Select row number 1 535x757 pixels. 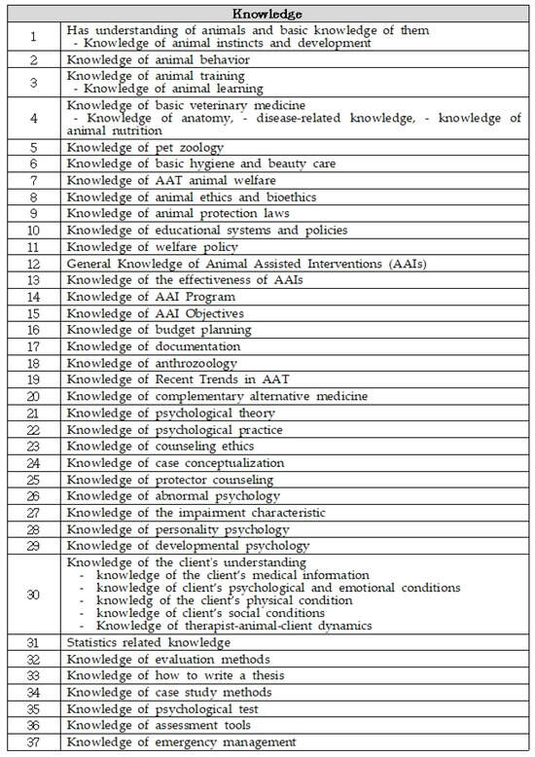pos(32,37)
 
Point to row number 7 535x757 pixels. pos(32,180)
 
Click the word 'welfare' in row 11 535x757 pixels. pos(166,247)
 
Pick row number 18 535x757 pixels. pos(32,363)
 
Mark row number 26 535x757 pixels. pos(32,495)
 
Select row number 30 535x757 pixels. pos(32,595)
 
